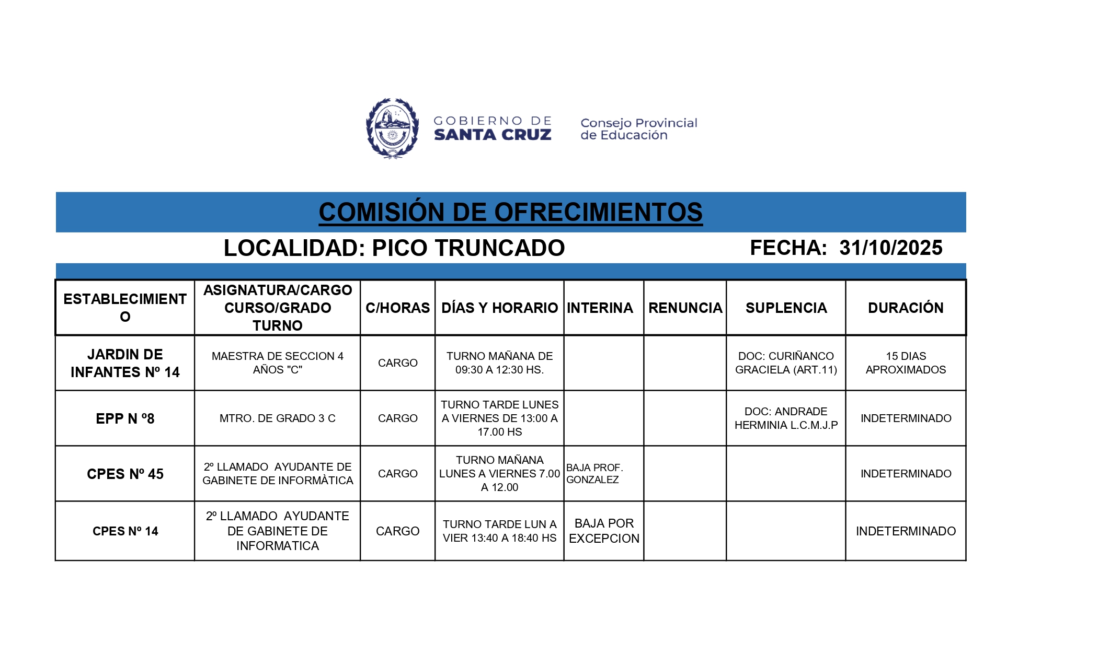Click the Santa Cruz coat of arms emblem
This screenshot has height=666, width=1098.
[x=392, y=128]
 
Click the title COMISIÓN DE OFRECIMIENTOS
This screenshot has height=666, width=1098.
[x=510, y=212]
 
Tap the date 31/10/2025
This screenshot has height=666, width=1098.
[x=890, y=248]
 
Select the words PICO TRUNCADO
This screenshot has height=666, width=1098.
[x=468, y=248]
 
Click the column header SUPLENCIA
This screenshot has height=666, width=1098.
[x=786, y=308]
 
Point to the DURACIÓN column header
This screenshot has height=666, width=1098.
[x=906, y=308]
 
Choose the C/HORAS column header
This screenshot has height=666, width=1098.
[x=397, y=308]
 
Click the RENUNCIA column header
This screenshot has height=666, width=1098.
[x=685, y=308]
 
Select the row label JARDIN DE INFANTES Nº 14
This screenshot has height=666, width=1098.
[x=125, y=363]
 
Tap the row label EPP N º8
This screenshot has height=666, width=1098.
[x=125, y=418]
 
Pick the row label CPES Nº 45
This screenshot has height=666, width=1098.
[x=125, y=474]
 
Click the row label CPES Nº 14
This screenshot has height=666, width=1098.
[x=125, y=531]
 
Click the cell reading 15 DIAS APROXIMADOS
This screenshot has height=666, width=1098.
[x=906, y=363]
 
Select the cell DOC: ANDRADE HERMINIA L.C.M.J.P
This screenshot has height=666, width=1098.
[x=786, y=418]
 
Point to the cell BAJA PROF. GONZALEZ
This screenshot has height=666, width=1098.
[x=594, y=474]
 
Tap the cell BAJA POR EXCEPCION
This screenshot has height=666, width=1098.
[x=604, y=531]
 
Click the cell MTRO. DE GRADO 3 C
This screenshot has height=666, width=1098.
[x=277, y=418]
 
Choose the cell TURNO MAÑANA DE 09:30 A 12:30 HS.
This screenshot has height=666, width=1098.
[x=499, y=363]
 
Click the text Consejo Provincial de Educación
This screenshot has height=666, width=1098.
[x=638, y=129]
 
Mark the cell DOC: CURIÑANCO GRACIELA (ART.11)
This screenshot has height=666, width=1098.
[x=786, y=363]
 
